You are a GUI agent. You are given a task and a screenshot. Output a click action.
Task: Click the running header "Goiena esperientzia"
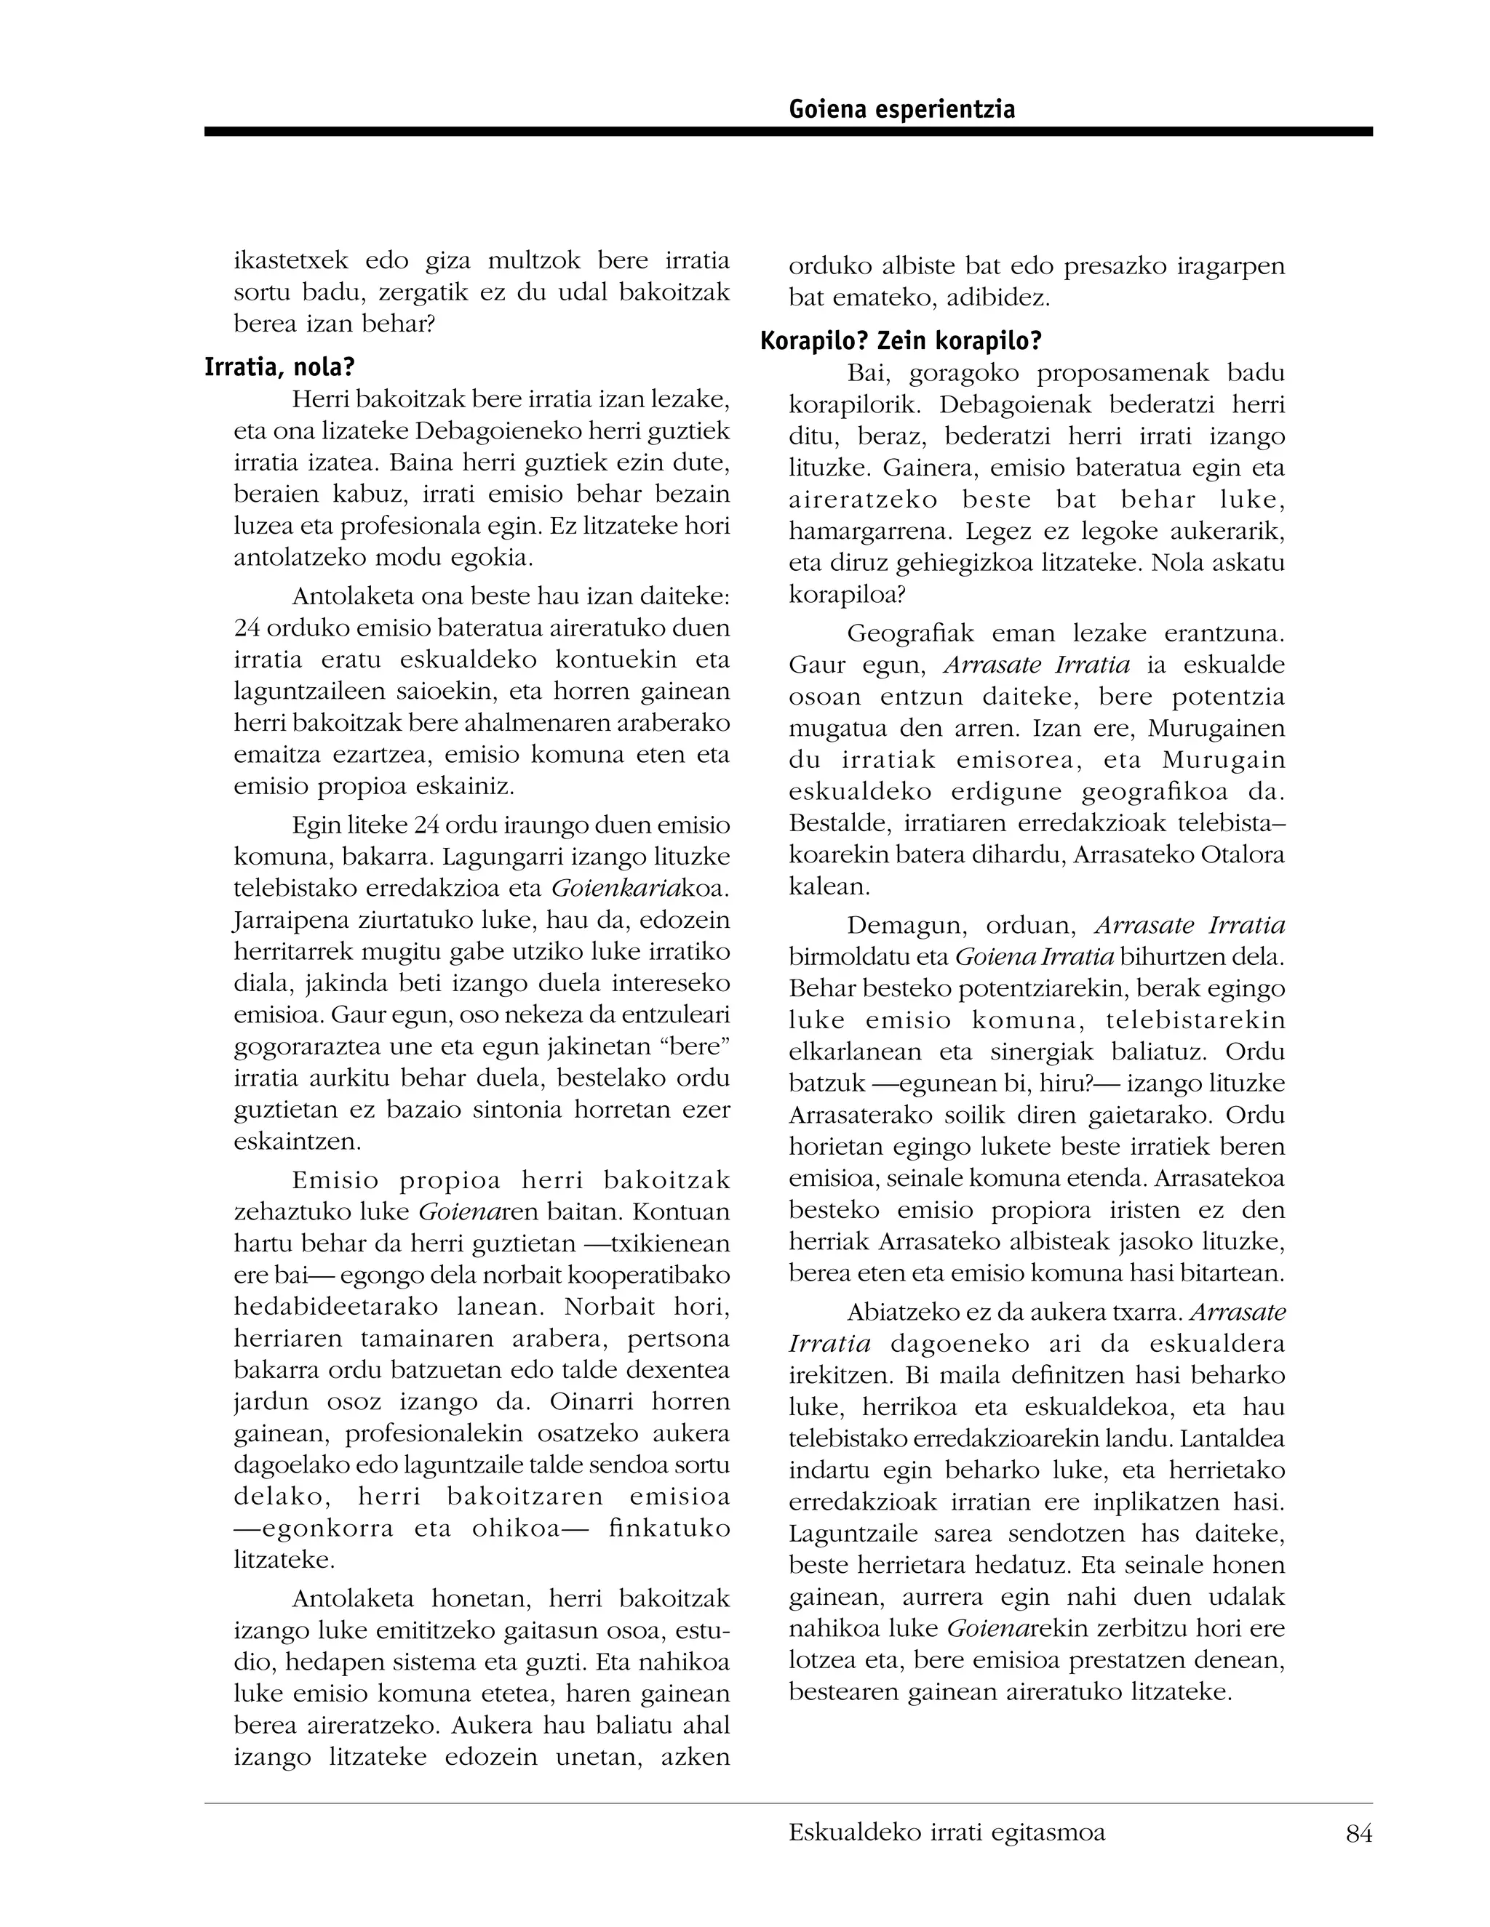click(901, 109)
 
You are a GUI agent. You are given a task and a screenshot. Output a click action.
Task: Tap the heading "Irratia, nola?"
click(279, 367)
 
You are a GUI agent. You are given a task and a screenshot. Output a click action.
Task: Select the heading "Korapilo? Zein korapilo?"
click(901, 340)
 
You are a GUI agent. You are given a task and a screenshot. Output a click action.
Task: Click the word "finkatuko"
click(670, 1529)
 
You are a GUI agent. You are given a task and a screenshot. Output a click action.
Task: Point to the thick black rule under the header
click(787, 132)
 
